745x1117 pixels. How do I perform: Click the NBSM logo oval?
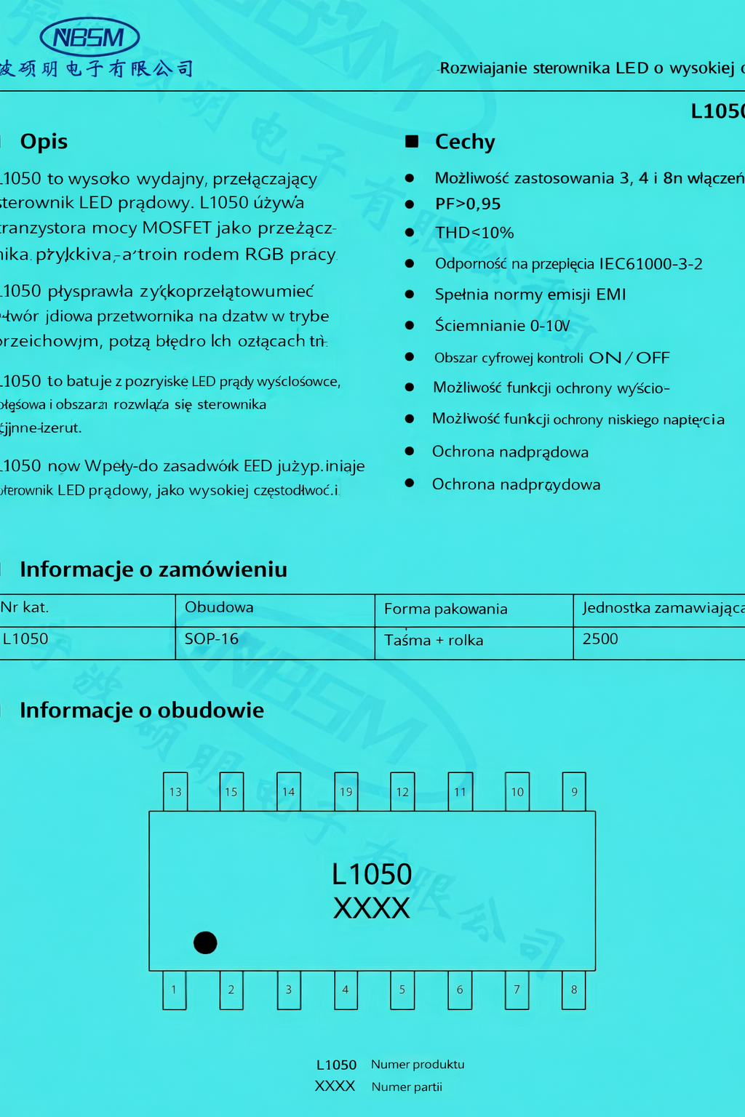coord(89,37)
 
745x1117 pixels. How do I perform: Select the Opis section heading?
coord(44,141)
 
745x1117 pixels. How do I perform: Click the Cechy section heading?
coord(465,142)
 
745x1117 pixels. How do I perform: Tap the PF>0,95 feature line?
coord(468,204)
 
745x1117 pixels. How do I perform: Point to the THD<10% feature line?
coord(474,233)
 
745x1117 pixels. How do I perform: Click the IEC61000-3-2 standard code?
coord(650,264)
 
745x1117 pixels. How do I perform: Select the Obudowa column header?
coord(219,607)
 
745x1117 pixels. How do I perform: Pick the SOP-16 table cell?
coord(212,639)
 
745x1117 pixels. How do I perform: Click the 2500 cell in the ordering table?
coord(600,639)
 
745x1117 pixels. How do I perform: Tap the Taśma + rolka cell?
coord(434,641)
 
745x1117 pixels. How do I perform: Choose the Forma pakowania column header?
coord(445,609)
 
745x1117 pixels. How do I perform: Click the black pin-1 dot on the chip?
coord(205,942)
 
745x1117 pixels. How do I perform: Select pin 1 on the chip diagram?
coord(174,990)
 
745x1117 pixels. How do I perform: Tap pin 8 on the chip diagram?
coord(574,990)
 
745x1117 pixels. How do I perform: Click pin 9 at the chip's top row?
coord(574,792)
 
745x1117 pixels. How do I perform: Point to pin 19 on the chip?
coord(346,792)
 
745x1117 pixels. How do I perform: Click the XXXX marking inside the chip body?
coord(372,908)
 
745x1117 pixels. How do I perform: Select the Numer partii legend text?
coord(407,1087)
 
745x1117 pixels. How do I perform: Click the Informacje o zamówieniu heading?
coord(154,569)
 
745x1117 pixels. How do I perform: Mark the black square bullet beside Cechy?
coord(412,141)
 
